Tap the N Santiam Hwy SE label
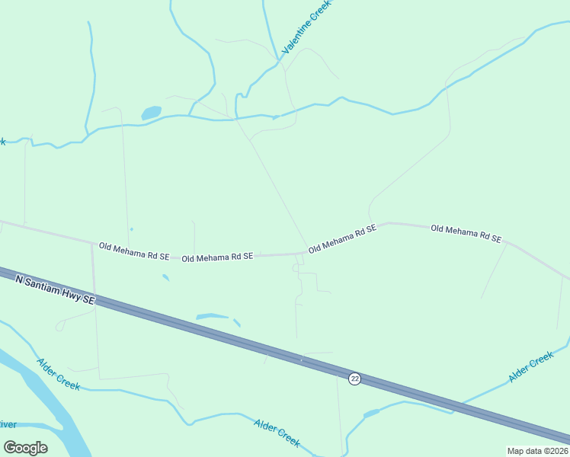tap(55, 290)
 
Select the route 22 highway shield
tap(354, 379)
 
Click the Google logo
tap(25, 448)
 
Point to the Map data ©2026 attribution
tap(537, 451)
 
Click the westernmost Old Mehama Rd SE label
tap(133, 251)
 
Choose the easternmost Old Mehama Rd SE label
tap(466, 233)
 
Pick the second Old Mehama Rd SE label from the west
tap(217, 257)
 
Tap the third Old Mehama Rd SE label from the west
tap(342, 239)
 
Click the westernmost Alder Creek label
tap(59, 374)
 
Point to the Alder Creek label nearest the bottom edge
tap(277, 433)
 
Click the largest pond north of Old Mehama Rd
tap(151, 113)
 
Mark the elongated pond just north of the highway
tap(212, 316)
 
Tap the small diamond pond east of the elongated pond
tap(237, 323)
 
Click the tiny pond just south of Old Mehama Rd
tap(165, 277)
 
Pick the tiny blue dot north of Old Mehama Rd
tap(131, 229)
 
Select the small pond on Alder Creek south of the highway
tap(371, 414)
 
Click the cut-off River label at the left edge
tap(8, 424)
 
